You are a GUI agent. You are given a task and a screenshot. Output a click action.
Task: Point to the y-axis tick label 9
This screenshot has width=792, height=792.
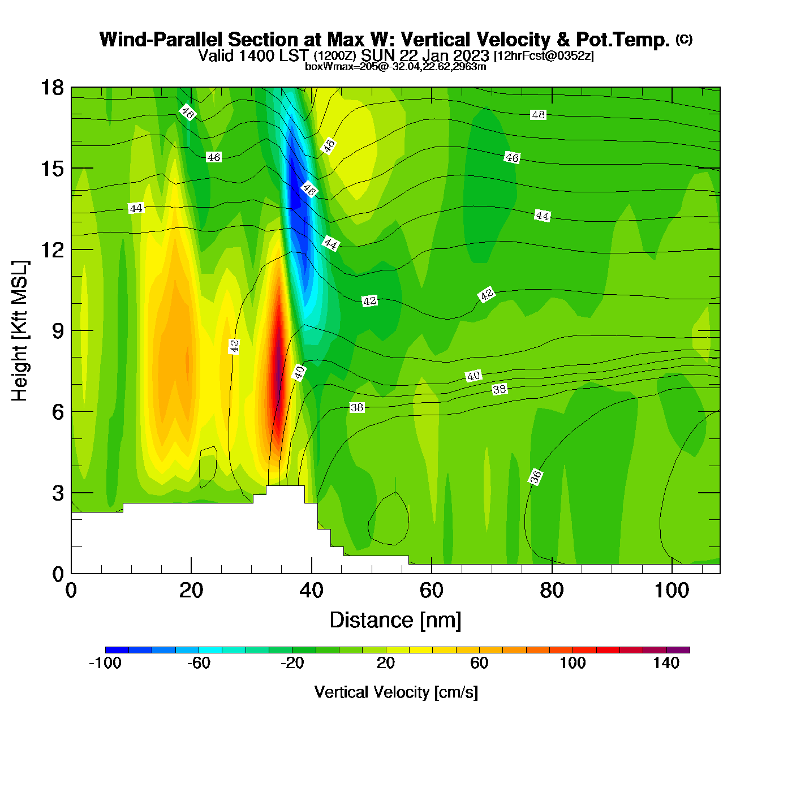(x=58, y=331)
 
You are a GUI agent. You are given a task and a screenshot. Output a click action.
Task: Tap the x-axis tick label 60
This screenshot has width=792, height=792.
(x=431, y=591)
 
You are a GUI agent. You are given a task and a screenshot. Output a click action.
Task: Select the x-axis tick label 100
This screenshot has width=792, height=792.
(x=672, y=591)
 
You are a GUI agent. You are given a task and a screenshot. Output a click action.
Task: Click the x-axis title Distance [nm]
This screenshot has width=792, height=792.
(x=395, y=621)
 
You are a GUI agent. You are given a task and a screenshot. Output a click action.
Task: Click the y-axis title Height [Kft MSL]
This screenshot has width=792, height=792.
(x=20, y=331)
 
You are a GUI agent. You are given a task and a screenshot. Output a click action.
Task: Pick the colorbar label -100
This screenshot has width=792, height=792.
(x=105, y=663)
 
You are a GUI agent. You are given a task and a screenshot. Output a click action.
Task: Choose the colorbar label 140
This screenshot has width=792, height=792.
(x=666, y=663)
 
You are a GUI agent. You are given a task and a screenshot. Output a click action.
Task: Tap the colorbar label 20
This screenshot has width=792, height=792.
(x=385, y=663)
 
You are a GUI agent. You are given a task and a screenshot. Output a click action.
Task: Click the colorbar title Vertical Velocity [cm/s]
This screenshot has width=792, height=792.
(x=396, y=692)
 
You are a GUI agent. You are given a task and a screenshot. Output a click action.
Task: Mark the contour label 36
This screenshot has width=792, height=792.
(x=535, y=477)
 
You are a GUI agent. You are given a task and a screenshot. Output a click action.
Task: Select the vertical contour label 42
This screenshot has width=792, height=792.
(x=234, y=346)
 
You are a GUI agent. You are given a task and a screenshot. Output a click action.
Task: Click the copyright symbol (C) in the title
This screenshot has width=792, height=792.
(x=684, y=39)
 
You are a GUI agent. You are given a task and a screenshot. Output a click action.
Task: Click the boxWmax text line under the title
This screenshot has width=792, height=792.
(x=395, y=67)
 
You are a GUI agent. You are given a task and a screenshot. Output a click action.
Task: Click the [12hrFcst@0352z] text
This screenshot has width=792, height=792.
(x=544, y=56)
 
